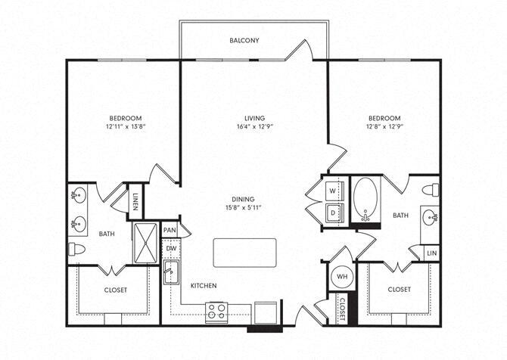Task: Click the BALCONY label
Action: pyautogui.click(x=244, y=40)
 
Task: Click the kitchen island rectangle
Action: pyautogui.click(x=244, y=253)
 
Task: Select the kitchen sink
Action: pyautogui.click(x=170, y=274)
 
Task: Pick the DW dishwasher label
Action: pyautogui.click(x=170, y=248)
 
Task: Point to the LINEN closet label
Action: pyautogui.click(x=135, y=201)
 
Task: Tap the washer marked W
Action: pyautogui.click(x=333, y=191)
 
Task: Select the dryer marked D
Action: pyautogui.click(x=333, y=213)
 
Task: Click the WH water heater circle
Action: pyautogui.click(x=341, y=277)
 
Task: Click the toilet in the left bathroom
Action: pyautogui.click(x=76, y=248)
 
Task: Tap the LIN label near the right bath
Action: pyautogui.click(x=431, y=253)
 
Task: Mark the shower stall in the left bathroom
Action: pyautogui.click(x=145, y=241)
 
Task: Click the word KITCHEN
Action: pyautogui.click(x=204, y=286)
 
